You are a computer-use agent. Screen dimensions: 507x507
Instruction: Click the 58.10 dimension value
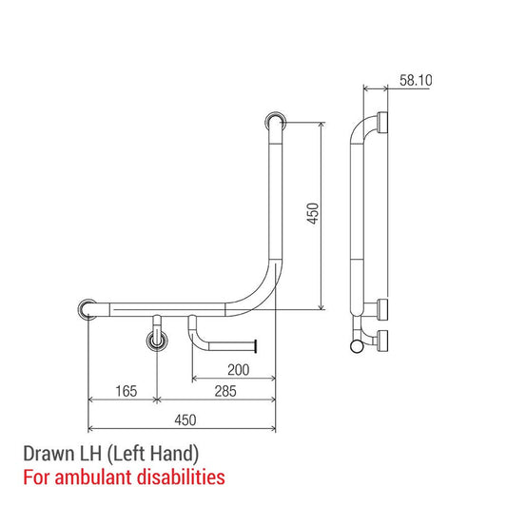point(415,81)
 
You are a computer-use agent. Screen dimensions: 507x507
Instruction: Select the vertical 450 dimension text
point(313,215)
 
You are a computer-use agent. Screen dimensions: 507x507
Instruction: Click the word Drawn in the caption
point(46,453)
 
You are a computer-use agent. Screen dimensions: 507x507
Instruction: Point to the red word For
point(33,475)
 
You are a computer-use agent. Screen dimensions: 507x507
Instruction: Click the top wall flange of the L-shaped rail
point(275,122)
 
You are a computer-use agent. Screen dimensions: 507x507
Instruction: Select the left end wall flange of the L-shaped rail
point(87,309)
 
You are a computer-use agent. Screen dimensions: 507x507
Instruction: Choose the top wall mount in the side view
point(382,122)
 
